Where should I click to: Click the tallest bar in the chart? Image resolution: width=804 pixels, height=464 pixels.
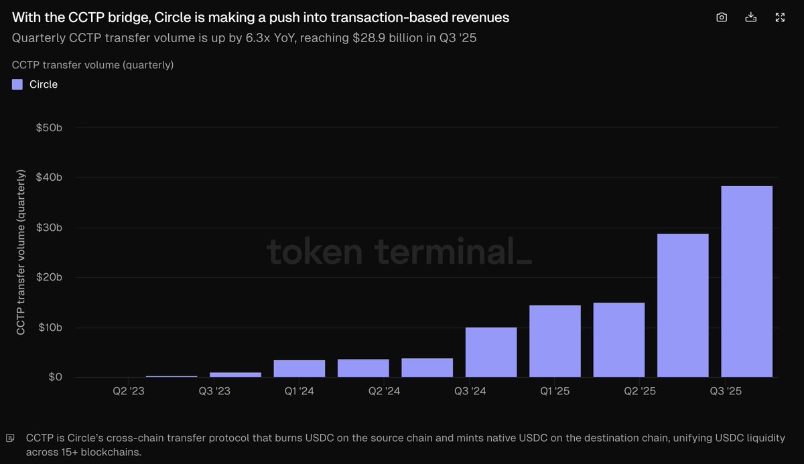click(x=746, y=281)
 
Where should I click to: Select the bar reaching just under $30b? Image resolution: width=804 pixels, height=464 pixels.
click(x=683, y=305)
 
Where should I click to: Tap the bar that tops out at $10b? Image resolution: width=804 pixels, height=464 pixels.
click(x=491, y=352)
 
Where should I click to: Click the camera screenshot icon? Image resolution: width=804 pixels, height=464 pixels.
click(x=722, y=17)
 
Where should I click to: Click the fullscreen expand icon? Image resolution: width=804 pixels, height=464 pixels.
click(x=780, y=17)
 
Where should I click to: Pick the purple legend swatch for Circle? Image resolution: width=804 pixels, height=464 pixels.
click(x=17, y=84)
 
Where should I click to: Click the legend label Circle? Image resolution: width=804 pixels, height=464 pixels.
click(x=44, y=84)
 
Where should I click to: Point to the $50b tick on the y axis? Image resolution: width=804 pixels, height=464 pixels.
click(x=49, y=127)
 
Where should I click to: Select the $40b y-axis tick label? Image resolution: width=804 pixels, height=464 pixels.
click(x=49, y=177)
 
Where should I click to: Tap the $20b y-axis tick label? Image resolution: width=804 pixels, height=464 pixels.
click(x=49, y=277)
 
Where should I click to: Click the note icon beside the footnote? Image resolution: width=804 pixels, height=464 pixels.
click(x=10, y=439)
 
